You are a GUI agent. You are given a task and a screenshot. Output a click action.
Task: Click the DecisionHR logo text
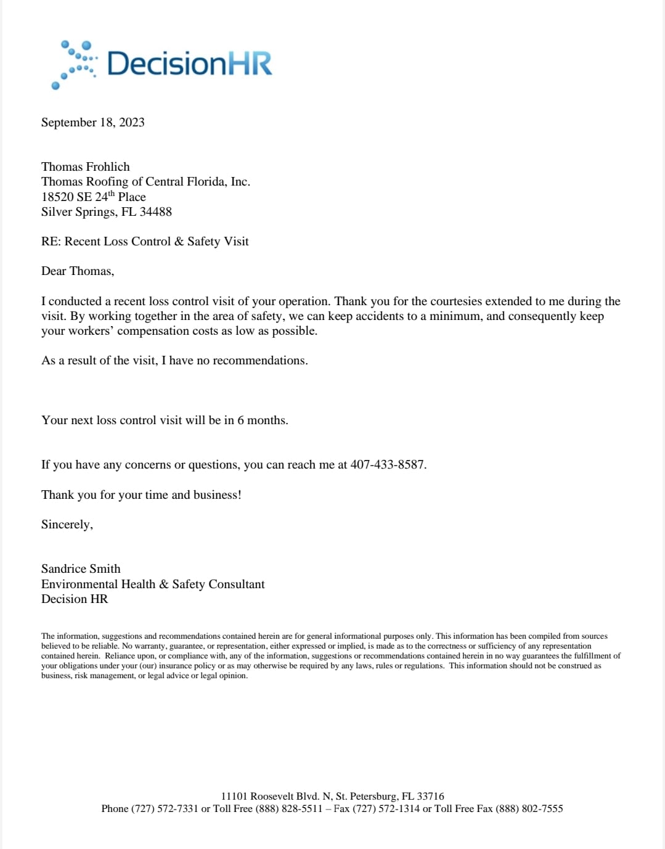[x=189, y=64]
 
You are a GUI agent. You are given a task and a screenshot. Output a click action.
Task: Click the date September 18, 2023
[x=93, y=122]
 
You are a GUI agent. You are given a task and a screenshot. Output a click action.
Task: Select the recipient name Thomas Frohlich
[x=86, y=166]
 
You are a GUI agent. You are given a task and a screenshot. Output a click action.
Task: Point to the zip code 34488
[x=156, y=211]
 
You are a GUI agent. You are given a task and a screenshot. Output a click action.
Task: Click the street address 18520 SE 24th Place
[x=94, y=197]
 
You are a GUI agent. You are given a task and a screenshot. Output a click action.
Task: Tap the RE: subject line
[x=145, y=241]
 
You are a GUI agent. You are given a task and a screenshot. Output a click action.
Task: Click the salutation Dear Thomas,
[x=78, y=271]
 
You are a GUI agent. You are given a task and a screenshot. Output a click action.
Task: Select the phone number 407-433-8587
[x=388, y=464]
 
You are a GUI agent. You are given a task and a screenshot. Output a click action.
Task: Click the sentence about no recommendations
[x=174, y=360]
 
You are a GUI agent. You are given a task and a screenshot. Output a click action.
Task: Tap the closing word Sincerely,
[x=67, y=524]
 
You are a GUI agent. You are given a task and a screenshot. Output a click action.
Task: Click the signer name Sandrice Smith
[x=81, y=568]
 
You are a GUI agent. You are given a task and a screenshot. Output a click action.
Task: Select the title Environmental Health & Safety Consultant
[x=153, y=584]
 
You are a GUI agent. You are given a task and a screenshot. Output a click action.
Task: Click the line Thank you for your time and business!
[x=141, y=494]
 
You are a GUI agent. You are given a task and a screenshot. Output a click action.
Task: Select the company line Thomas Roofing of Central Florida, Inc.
[x=145, y=181]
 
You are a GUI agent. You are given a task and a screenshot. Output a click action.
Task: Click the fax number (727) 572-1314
[x=386, y=808]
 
